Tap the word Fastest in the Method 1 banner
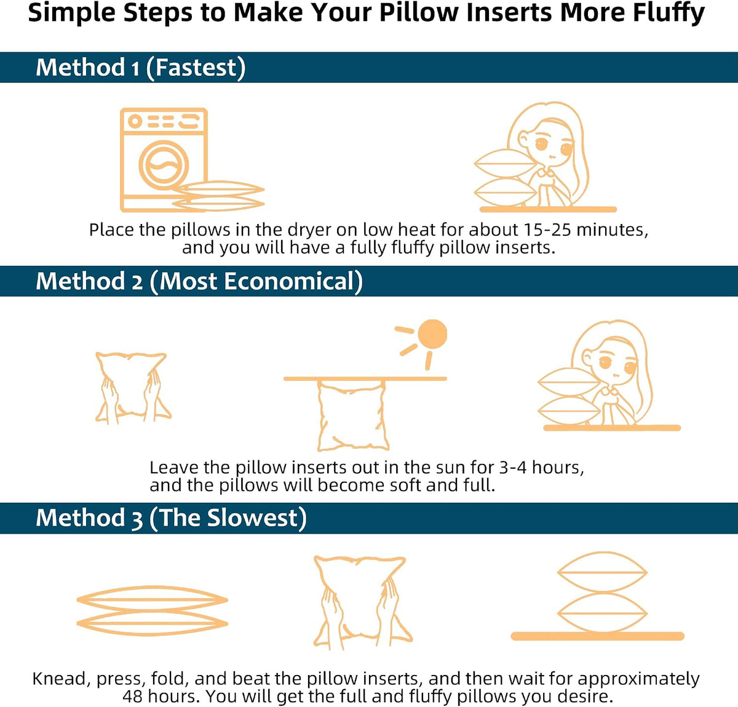point(196,68)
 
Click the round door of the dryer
point(164,166)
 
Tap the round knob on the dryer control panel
point(135,121)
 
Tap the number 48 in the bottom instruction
point(132,696)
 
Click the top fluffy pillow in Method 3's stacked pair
point(602,572)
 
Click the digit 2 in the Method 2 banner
point(137,282)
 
